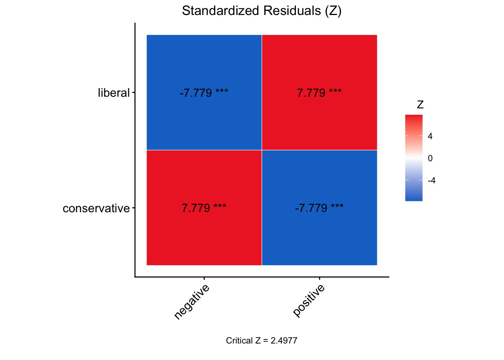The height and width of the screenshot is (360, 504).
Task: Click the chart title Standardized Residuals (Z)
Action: pyautogui.click(x=261, y=11)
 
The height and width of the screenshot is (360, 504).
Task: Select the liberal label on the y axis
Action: pyautogui.click(x=114, y=93)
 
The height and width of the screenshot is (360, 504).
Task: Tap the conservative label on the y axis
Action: pyautogui.click(x=96, y=208)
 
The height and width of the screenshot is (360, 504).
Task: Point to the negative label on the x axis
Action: pyautogui.click(x=192, y=302)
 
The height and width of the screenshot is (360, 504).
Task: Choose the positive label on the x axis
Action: pyautogui.click(x=309, y=301)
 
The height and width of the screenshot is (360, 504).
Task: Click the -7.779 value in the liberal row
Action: pyautogui.click(x=196, y=93)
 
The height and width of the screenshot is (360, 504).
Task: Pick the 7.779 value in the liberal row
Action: pyautogui.click(x=311, y=93)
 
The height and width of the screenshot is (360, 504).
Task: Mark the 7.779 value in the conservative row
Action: pyautogui.click(x=196, y=208)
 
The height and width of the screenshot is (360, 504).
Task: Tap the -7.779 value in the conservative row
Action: pyautogui.click(x=311, y=208)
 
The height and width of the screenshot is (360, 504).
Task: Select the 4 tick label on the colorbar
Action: pyautogui.click(x=430, y=136)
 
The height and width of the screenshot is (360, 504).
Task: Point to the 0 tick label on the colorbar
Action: pyautogui.click(x=430, y=158)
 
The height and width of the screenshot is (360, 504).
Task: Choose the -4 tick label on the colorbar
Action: pyautogui.click(x=431, y=180)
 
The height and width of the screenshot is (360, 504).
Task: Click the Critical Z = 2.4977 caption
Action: pyautogui.click(x=261, y=340)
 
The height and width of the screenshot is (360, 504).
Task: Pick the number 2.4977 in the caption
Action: pyautogui.click(x=285, y=340)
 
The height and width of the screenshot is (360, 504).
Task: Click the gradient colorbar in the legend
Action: pyautogui.click(x=414, y=158)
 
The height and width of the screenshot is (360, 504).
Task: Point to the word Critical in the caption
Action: pyautogui.click(x=239, y=340)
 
